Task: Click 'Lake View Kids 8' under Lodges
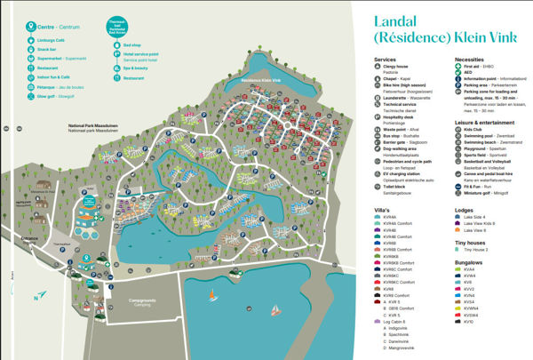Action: point(480,223)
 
